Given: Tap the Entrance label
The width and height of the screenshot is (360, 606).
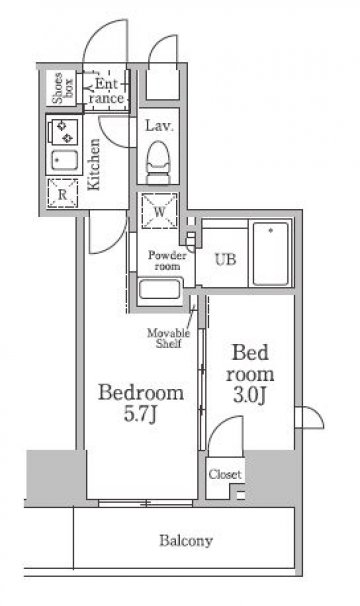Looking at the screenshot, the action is (x=106, y=90).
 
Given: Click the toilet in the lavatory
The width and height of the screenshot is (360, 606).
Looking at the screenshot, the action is (x=158, y=162).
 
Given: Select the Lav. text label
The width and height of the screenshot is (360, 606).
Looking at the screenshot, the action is (x=159, y=126).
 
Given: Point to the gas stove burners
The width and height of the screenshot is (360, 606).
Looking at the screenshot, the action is (x=62, y=131).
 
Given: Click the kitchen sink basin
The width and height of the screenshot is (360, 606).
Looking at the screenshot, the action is (x=64, y=160).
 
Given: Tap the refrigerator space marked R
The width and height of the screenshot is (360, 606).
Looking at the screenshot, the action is (x=62, y=193).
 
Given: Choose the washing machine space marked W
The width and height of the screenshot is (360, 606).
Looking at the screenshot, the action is (x=159, y=211).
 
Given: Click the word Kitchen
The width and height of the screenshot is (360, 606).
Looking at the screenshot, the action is (x=94, y=164).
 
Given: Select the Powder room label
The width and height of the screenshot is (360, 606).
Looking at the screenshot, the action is (x=167, y=260).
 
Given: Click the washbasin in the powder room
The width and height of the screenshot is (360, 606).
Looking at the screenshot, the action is (x=159, y=290).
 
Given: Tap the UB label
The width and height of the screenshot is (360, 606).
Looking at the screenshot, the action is (x=225, y=259).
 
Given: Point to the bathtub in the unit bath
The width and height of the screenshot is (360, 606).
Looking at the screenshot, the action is (x=271, y=254).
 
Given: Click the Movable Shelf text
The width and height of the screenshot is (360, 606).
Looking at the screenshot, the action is (x=169, y=338).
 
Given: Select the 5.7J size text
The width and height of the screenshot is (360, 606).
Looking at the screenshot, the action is (x=140, y=414).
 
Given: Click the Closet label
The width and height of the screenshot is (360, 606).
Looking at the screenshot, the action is (x=225, y=474).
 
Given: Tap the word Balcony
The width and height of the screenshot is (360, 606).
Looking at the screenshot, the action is (x=186, y=541).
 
